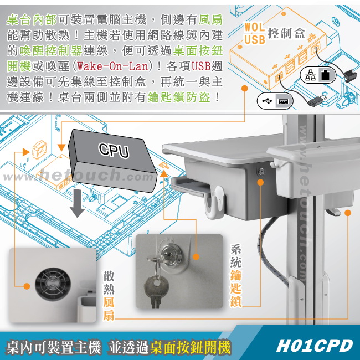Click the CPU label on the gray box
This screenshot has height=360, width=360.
pyautogui.click(x=114, y=150)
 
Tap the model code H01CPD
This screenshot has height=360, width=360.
pyautogui.click(x=315, y=345)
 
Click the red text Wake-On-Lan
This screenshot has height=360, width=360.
pyautogui.click(x=112, y=66)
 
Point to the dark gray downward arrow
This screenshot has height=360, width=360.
pyautogui.click(x=77, y=203)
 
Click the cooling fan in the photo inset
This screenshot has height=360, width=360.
pyautogui.click(x=53, y=284)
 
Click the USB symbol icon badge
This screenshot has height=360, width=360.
pyautogui.click(x=275, y=101)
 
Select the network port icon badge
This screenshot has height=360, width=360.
pyautogui.click(x=318, y=75)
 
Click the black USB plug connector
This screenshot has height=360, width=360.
pyautogui.click(x=317, y=100)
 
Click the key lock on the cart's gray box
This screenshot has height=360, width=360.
pyautogui.click(x=261, y=171)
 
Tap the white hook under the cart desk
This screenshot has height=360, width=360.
pyautogui.click(x=214, y=202)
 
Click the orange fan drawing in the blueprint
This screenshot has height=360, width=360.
pyautogui.click(x=39, y=150)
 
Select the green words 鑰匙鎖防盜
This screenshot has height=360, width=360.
pyautogui.click(x=179, y=97)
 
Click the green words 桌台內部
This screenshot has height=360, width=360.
pyautogui.click(x=32, y=19)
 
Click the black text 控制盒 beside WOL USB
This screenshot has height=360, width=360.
pyautogui.click(x=286, y=34)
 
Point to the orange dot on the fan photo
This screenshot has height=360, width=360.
pyautogui.click(x=27, y=286)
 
